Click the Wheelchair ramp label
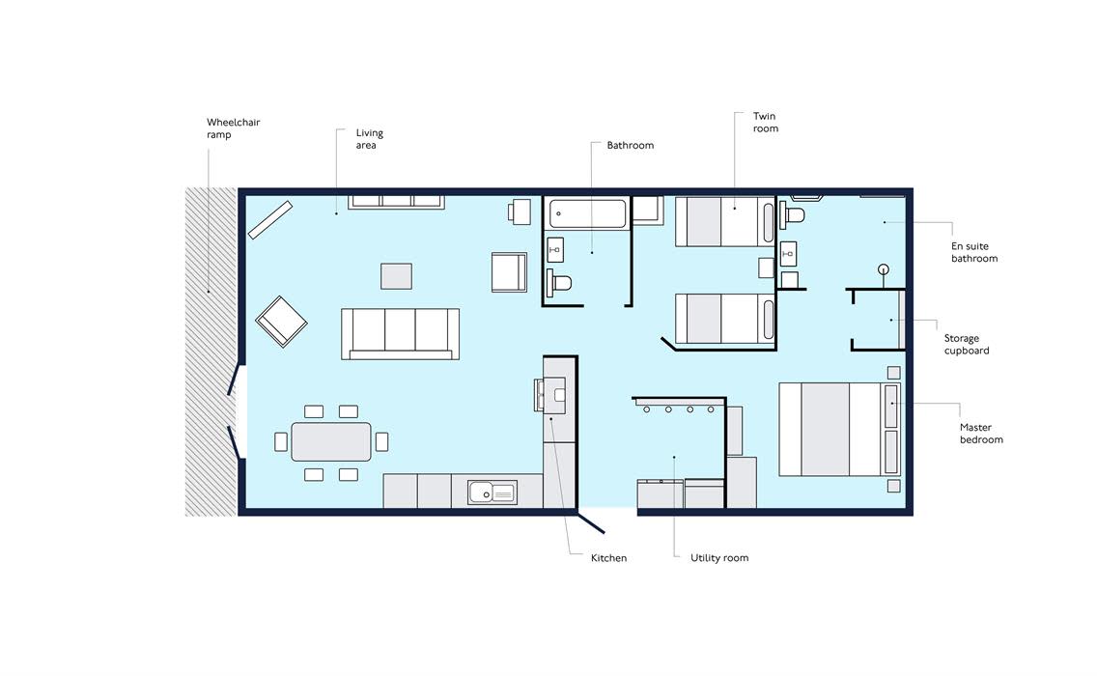coord(233,128)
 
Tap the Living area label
coord(370,138)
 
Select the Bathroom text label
coord(631,145)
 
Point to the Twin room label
coord(766,123)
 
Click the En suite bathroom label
coord(973,252)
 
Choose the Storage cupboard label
coord(967,345)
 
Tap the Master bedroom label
coord(981,434)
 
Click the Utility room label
coord(719,558)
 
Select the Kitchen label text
coord(608,558)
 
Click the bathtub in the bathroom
coord(588,213)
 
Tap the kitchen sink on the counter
coord(492,493)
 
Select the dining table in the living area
coord(331,441)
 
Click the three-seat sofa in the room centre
coord(400,334)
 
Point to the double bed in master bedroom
coord(839,429)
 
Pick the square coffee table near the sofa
coord(396,276)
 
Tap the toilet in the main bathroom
coord(560,283)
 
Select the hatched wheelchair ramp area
coord(211,352)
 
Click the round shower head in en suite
coord(884,269)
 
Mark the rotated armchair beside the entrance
coord(281,322)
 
